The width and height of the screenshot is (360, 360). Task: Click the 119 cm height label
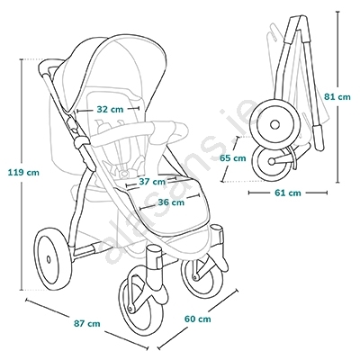[x=23, y=173]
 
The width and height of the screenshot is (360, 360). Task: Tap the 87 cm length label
[x=86, y=324]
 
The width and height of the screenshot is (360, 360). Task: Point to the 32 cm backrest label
[x=110, y=110]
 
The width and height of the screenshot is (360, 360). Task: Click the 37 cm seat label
[x=152, y=182]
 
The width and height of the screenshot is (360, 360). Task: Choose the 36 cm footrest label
[x=171, y=202]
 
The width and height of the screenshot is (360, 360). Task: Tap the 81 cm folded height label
[x=337, y=97]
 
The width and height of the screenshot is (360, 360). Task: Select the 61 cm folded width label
[x=288, y=193]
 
